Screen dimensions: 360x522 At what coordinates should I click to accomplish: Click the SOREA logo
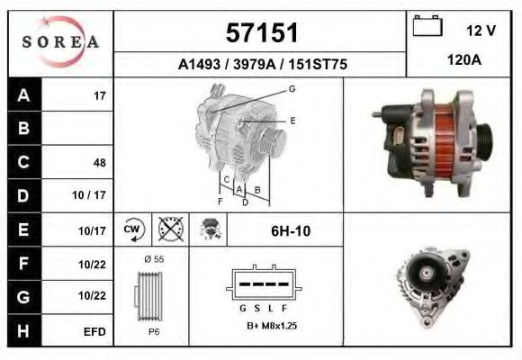coord(60,41)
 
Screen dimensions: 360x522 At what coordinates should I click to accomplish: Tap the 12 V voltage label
coord(481,31)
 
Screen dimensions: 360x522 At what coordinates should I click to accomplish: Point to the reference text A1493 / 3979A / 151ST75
coord(261,65)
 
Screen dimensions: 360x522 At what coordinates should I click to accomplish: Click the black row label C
coord(23,162)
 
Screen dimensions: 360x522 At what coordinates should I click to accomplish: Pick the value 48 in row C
coord(99,163)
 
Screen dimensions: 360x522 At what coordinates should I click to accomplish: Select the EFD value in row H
coord(94,332)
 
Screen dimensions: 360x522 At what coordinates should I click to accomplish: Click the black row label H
coord(23,331)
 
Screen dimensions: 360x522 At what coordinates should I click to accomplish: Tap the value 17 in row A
coord(100,94)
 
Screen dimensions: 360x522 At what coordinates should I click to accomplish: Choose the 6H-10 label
coord(291,230)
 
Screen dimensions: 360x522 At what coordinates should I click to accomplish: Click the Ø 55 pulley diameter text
coord(152,259)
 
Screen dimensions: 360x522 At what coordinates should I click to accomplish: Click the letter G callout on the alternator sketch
coord(292,89)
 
